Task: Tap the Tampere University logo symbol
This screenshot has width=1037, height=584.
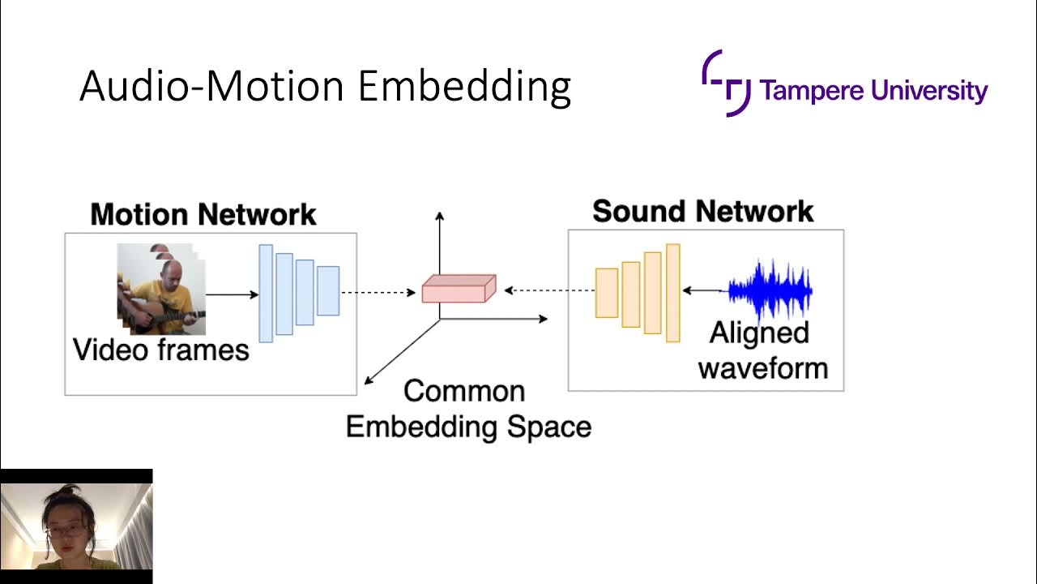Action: point(726,83)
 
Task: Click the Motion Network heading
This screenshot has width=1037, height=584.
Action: point(203,215)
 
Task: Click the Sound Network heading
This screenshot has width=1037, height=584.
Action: point(702,212)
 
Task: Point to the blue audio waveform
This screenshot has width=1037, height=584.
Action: point(770,290)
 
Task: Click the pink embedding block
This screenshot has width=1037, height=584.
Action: point(458,289)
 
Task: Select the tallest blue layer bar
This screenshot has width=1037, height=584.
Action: point(266,293)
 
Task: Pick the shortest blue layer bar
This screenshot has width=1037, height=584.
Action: point(328,290)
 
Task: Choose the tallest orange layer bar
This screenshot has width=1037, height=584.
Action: point(672,292)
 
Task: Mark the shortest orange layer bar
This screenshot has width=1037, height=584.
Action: point(607,292)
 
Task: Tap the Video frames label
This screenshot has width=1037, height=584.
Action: point(160,350)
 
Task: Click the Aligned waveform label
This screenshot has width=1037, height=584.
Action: point(762,350)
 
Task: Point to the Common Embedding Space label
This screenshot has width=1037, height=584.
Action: point(468,409)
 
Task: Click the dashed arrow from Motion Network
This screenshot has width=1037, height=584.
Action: point(378,292)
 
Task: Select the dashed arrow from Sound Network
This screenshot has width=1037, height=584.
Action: point(549,290)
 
